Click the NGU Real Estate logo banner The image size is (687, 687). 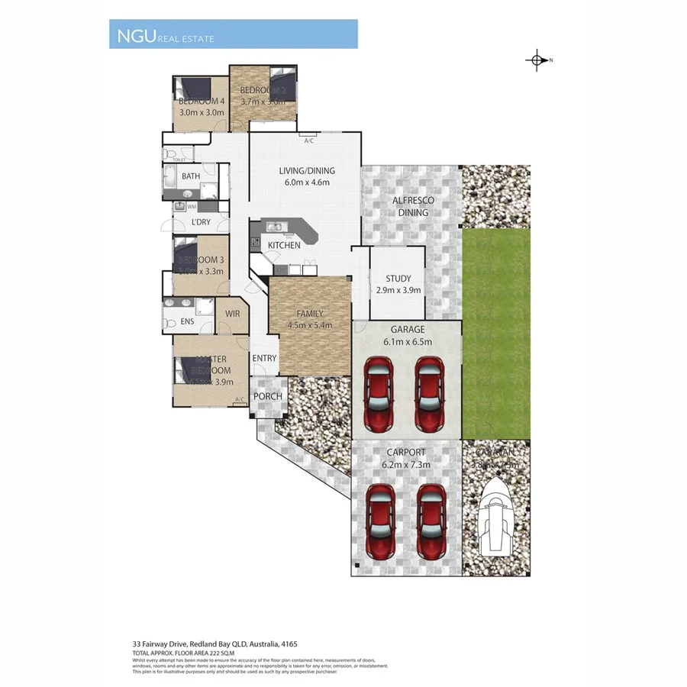[x=233, y=35]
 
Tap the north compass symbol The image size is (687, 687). [x=537, y=60]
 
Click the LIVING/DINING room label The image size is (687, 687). [x=306, y=171]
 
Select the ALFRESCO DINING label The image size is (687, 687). [x=413, y=206]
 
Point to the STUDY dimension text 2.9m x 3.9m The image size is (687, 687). [x=398, y=291]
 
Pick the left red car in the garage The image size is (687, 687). [x=379, y=394]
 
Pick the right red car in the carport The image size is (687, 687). [x=431, y=523]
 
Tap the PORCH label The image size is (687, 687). [x=268, y=396]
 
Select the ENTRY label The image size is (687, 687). [x=264, y=359]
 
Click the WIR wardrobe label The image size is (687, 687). [x=233, y=313]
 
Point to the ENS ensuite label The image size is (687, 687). [x=188, y=322]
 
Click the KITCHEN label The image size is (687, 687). [x=283, y=245]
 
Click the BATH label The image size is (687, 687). [x=191, y=176]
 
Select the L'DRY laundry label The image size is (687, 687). [x=202, y=222]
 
